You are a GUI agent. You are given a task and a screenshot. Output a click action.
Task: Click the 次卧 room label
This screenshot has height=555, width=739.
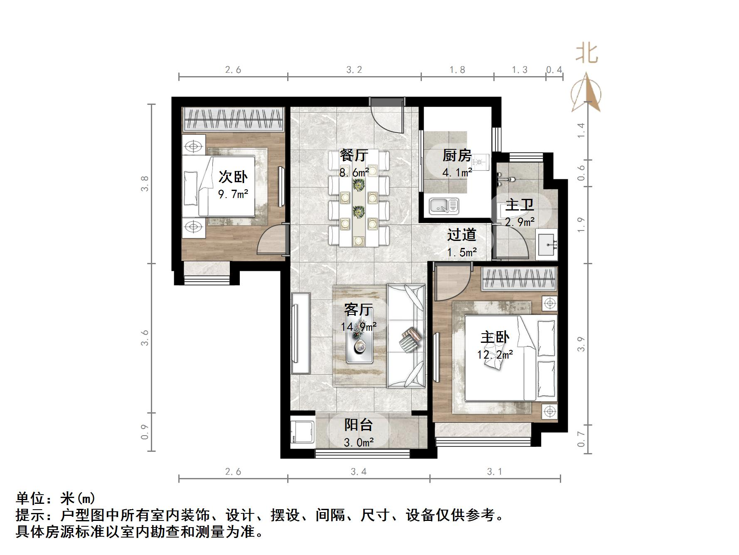click(x=233, y=177)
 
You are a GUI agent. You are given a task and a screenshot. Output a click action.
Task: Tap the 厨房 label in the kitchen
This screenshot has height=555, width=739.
click(x=457, y=156)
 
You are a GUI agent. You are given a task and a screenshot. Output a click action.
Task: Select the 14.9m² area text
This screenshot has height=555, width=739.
click(x=359, y=327)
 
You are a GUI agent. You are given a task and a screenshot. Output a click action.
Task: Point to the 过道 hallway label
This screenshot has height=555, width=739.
click(x=461, y=235)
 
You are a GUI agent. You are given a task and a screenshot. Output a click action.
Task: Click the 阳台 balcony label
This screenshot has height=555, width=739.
click(x=358, y=425)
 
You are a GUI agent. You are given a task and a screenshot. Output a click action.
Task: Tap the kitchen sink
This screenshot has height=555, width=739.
click(x=444, y=206)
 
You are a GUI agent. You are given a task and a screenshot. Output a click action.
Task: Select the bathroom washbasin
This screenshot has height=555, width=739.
click(x=547, y=244)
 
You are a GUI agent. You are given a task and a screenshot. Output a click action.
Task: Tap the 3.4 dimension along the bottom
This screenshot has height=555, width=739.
click(x=358, y=471)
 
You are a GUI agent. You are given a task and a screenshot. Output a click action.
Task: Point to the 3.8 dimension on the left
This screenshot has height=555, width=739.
click(x=145, y=183)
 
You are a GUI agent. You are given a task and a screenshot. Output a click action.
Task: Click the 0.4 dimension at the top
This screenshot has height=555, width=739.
click(x=554, y=70)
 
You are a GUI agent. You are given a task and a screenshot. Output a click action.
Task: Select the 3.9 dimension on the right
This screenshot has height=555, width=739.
click(x=581, y=344)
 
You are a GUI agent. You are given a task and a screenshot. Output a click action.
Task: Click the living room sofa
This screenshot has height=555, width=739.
click(x=406, y=336)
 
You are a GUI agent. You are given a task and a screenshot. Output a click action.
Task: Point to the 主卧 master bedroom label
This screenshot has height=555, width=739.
click(x=495, y=337)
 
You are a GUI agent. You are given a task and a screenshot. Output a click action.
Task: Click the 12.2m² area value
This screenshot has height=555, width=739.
click(x=495, y=354)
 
